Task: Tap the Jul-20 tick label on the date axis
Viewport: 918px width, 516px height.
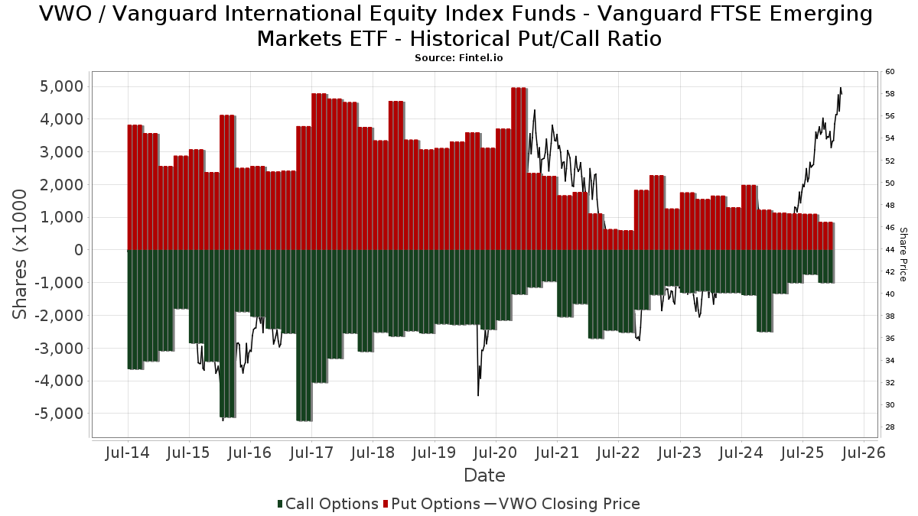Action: tap(496, 453)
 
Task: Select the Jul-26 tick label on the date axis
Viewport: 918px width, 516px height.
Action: tap(864, 453)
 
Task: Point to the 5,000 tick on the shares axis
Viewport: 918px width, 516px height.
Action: tap(60, 86)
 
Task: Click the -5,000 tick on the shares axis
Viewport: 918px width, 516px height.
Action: tap(57, 414)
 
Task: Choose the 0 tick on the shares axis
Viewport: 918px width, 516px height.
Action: tap(77, 250)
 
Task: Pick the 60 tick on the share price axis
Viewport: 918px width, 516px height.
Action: tap(890, 72)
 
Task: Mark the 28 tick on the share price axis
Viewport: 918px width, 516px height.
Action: tap(890, 427)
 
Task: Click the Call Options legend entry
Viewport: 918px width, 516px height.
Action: tap(327, 504)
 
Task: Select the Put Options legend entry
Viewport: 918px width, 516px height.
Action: tap(432, 504)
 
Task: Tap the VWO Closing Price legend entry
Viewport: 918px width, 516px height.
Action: tap(562, 504)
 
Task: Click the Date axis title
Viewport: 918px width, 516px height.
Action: tap(484, 475)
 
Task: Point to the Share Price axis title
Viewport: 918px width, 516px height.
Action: tap(903, 254)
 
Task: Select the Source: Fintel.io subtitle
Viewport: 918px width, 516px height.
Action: tap(458, 57)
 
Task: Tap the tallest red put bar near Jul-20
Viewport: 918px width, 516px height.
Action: tap(519, 168)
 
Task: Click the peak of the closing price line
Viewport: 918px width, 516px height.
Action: tap(840, 88)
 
